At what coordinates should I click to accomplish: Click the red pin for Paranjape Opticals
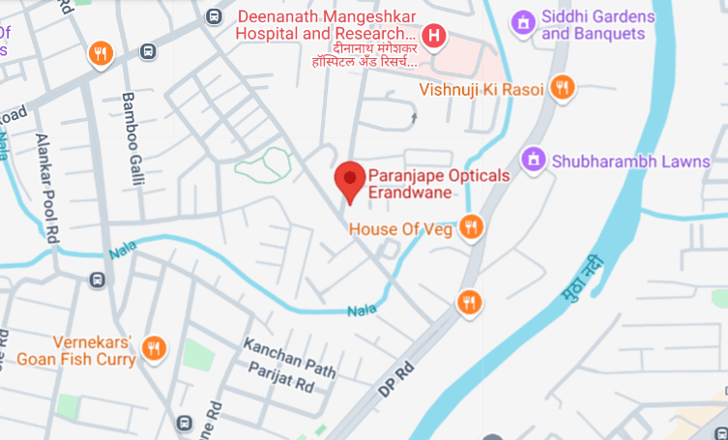point(349,181)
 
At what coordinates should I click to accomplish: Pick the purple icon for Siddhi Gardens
point(524,20)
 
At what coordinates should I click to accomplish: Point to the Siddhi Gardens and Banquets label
point(594,26)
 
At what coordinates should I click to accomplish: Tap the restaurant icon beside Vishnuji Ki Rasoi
point(562,89)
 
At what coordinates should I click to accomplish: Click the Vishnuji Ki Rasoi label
point(480,90)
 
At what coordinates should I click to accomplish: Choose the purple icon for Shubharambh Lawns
point(532,159)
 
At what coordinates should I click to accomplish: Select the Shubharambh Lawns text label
point(631,161)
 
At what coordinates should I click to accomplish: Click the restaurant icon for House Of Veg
point(471,227)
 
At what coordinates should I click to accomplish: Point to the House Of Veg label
point(400,229)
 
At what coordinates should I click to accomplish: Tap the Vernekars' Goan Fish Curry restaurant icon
point(153,348)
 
